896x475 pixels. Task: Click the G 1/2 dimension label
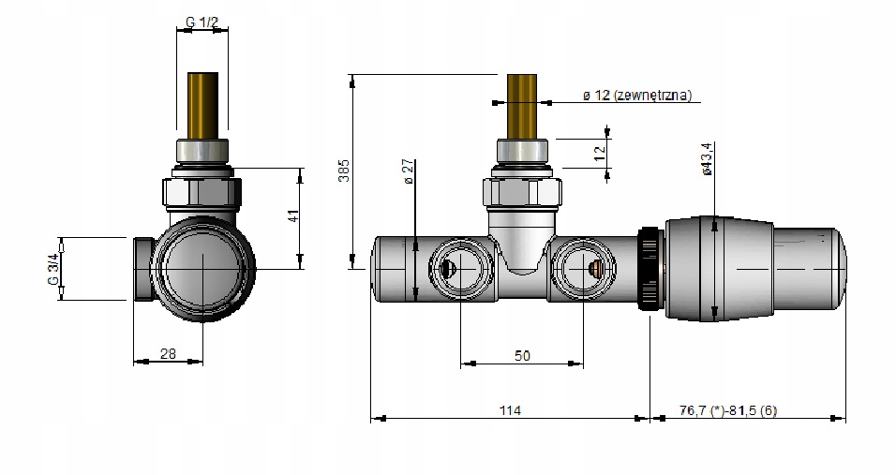pyautogui.click(x=202, y=22)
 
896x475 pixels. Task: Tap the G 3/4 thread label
pyautogui.click(x=52, y=268)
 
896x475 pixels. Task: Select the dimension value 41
pyautogui.click(x=293, y=216)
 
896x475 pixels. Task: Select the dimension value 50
pyautogui.click(x=522, y=355)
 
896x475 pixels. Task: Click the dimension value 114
pyautogui.click(x=510, y=410)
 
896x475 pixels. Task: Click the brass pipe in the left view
pyautogui.click(x=203, y=104)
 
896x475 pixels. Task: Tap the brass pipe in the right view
pyautogui.click(x=521, y=104)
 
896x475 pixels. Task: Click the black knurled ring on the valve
pyautogui.click(x=649, y=268)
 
